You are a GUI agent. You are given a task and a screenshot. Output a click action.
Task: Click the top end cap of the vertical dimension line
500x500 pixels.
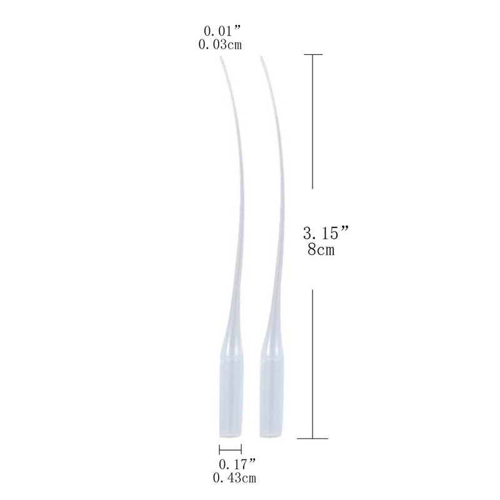(x=312, y=55)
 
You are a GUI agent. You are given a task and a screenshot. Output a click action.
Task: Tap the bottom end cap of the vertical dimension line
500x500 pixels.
(x=312, y=438)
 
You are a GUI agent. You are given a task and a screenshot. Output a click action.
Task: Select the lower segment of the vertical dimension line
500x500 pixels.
(x=312, y=362)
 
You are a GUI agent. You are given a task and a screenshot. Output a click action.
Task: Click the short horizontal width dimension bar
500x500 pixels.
(x=231, y=449)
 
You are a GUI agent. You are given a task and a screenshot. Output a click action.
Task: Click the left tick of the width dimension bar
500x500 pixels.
(x=220, y=449)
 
